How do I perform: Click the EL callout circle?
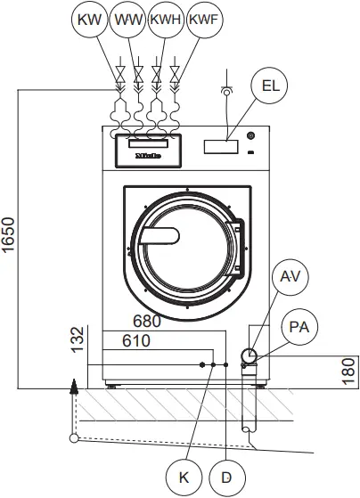[271, 86]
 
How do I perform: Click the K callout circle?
[184, 477]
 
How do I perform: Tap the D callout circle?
[226, 477]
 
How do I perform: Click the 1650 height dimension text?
[9, 236]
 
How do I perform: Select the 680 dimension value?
[148, 322]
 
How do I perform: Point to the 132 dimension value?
[78, 339]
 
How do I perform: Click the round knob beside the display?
[250, 136]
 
